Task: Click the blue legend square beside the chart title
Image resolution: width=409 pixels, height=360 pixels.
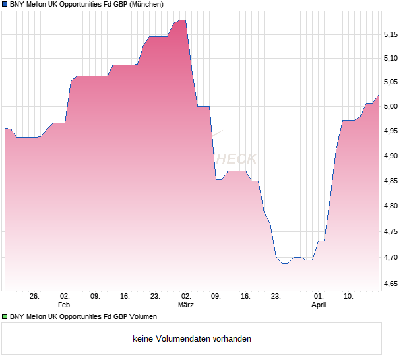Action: point(4,4)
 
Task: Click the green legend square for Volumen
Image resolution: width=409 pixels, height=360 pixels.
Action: point(4,316)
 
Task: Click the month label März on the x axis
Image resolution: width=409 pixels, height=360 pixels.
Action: point(186,305)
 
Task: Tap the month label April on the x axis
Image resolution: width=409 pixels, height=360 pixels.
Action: point(319,305)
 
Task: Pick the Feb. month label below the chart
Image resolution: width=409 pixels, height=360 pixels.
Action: point(64,305)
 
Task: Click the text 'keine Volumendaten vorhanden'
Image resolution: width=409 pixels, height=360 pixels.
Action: point(192,339)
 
